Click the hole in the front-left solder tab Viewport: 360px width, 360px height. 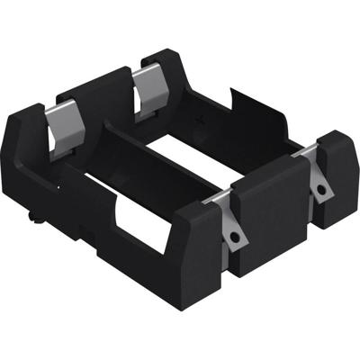[x=235, y=235]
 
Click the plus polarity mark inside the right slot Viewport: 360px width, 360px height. [x=208, y=118]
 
